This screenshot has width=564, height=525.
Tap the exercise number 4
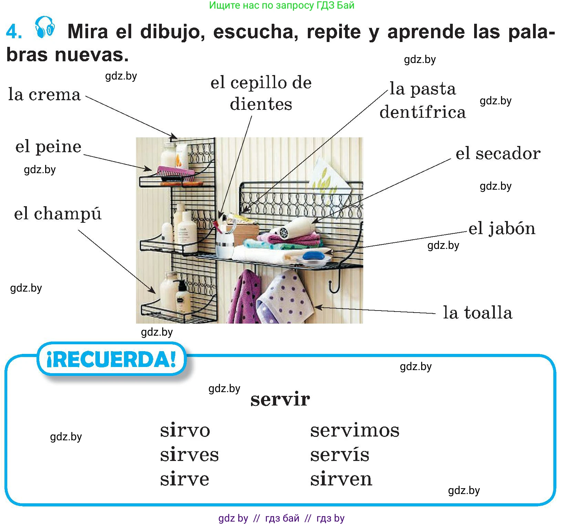tap(14, 32)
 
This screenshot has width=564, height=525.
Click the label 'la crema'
tap(44, 94)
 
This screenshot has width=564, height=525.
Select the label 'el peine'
tap(49, 147)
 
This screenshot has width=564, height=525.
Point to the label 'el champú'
tap(58, 214)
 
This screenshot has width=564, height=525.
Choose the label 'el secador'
tap(498, 153)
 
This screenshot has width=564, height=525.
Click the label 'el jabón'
tap(502, 229)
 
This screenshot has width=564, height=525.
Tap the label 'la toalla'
tap(478, 313)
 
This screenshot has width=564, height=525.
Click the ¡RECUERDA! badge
tap(112, 359)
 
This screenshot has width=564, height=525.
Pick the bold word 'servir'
tap(280, 399)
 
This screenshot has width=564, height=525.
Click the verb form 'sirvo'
tap(185, 430)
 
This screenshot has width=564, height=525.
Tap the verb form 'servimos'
tap(355, 430)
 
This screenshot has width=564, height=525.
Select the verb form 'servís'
tap(340, 454)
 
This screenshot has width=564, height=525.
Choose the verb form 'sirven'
tap(341, 479)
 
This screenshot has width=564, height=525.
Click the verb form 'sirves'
tap(189, 454)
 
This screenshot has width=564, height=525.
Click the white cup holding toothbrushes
tap(224, 244)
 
